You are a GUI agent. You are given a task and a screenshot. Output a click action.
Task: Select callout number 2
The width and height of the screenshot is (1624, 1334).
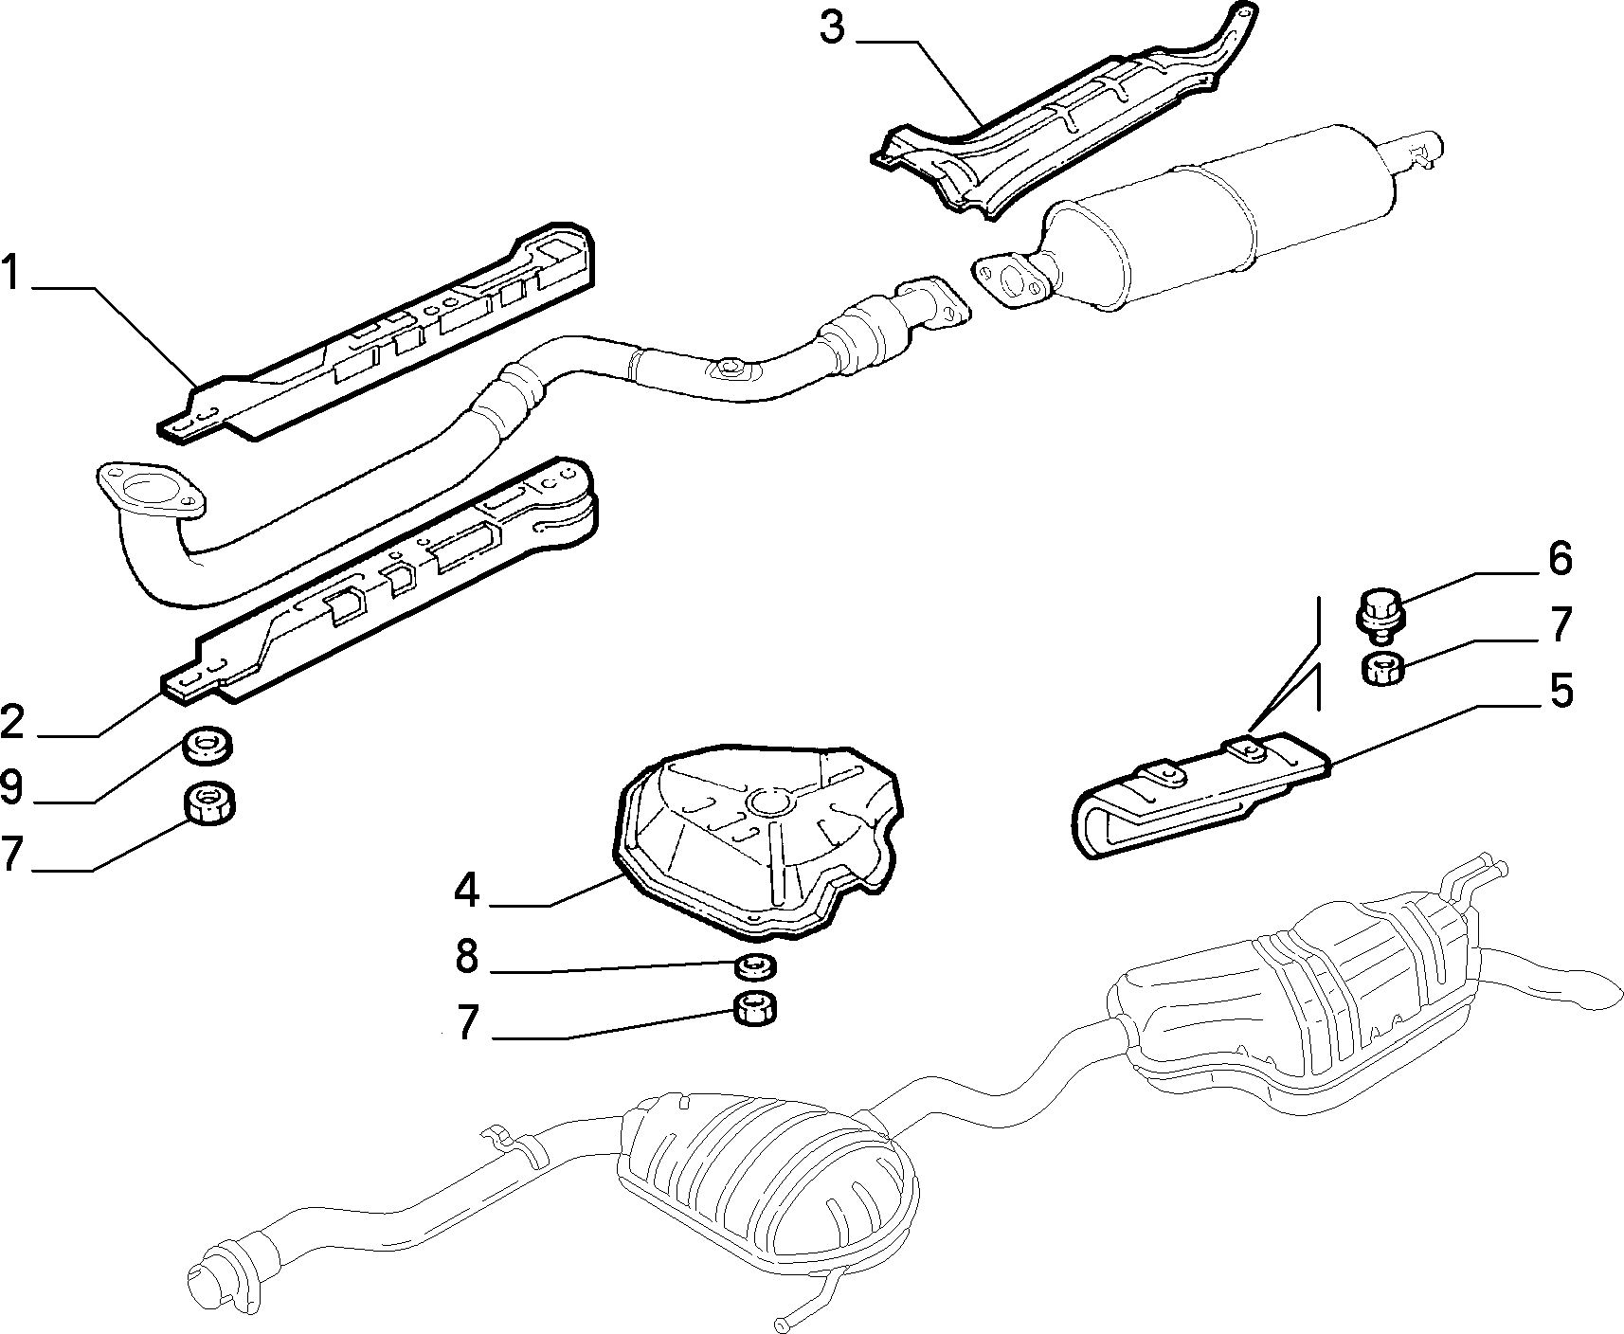[13, 721]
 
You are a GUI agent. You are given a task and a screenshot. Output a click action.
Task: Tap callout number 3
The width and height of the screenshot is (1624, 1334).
[832, 28]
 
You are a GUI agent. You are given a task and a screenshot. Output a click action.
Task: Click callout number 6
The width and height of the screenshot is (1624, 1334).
[1559, 559]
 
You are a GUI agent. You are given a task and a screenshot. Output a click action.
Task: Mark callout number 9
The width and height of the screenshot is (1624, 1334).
[11, 786]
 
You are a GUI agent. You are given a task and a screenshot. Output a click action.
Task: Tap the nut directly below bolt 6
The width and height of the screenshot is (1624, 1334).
[1382, 668]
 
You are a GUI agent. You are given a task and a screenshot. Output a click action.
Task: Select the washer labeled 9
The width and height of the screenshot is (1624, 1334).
[208, 745]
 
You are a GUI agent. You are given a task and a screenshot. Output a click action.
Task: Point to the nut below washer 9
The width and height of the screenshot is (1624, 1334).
[208, 804]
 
